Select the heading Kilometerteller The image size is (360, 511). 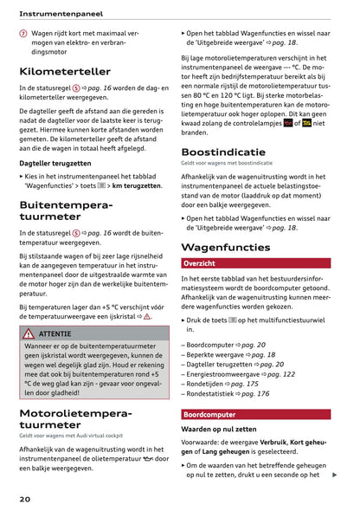pyautogui.click(x=65, y=70)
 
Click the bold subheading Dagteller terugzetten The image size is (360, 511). pyautogui.click(x=55, y=163)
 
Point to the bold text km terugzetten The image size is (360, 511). pyautogui.click(x=137, y=185)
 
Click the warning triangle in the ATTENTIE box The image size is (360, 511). pyautogui.click(x=28, y=333)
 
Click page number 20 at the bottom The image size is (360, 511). pyautogui.click(x=26, y=500)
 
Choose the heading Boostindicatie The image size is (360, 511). pyautogui.click(x=223, y=152)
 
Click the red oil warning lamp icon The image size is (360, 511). pyautogui.click(x=288, y=123)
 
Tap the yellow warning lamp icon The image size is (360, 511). pyautogui.click(x=307, y=123)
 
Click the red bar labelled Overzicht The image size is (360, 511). pyautogui.click(x=255, y=263)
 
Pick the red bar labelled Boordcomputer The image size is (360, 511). pyautogui.click(x=255, y=415)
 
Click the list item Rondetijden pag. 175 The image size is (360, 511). pyautogui.click(x=221, y=384)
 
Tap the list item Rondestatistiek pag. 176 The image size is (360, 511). pyautogui.click(x=227, y=394)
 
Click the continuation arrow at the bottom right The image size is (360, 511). pyautogui.click(x=334, y=475)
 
